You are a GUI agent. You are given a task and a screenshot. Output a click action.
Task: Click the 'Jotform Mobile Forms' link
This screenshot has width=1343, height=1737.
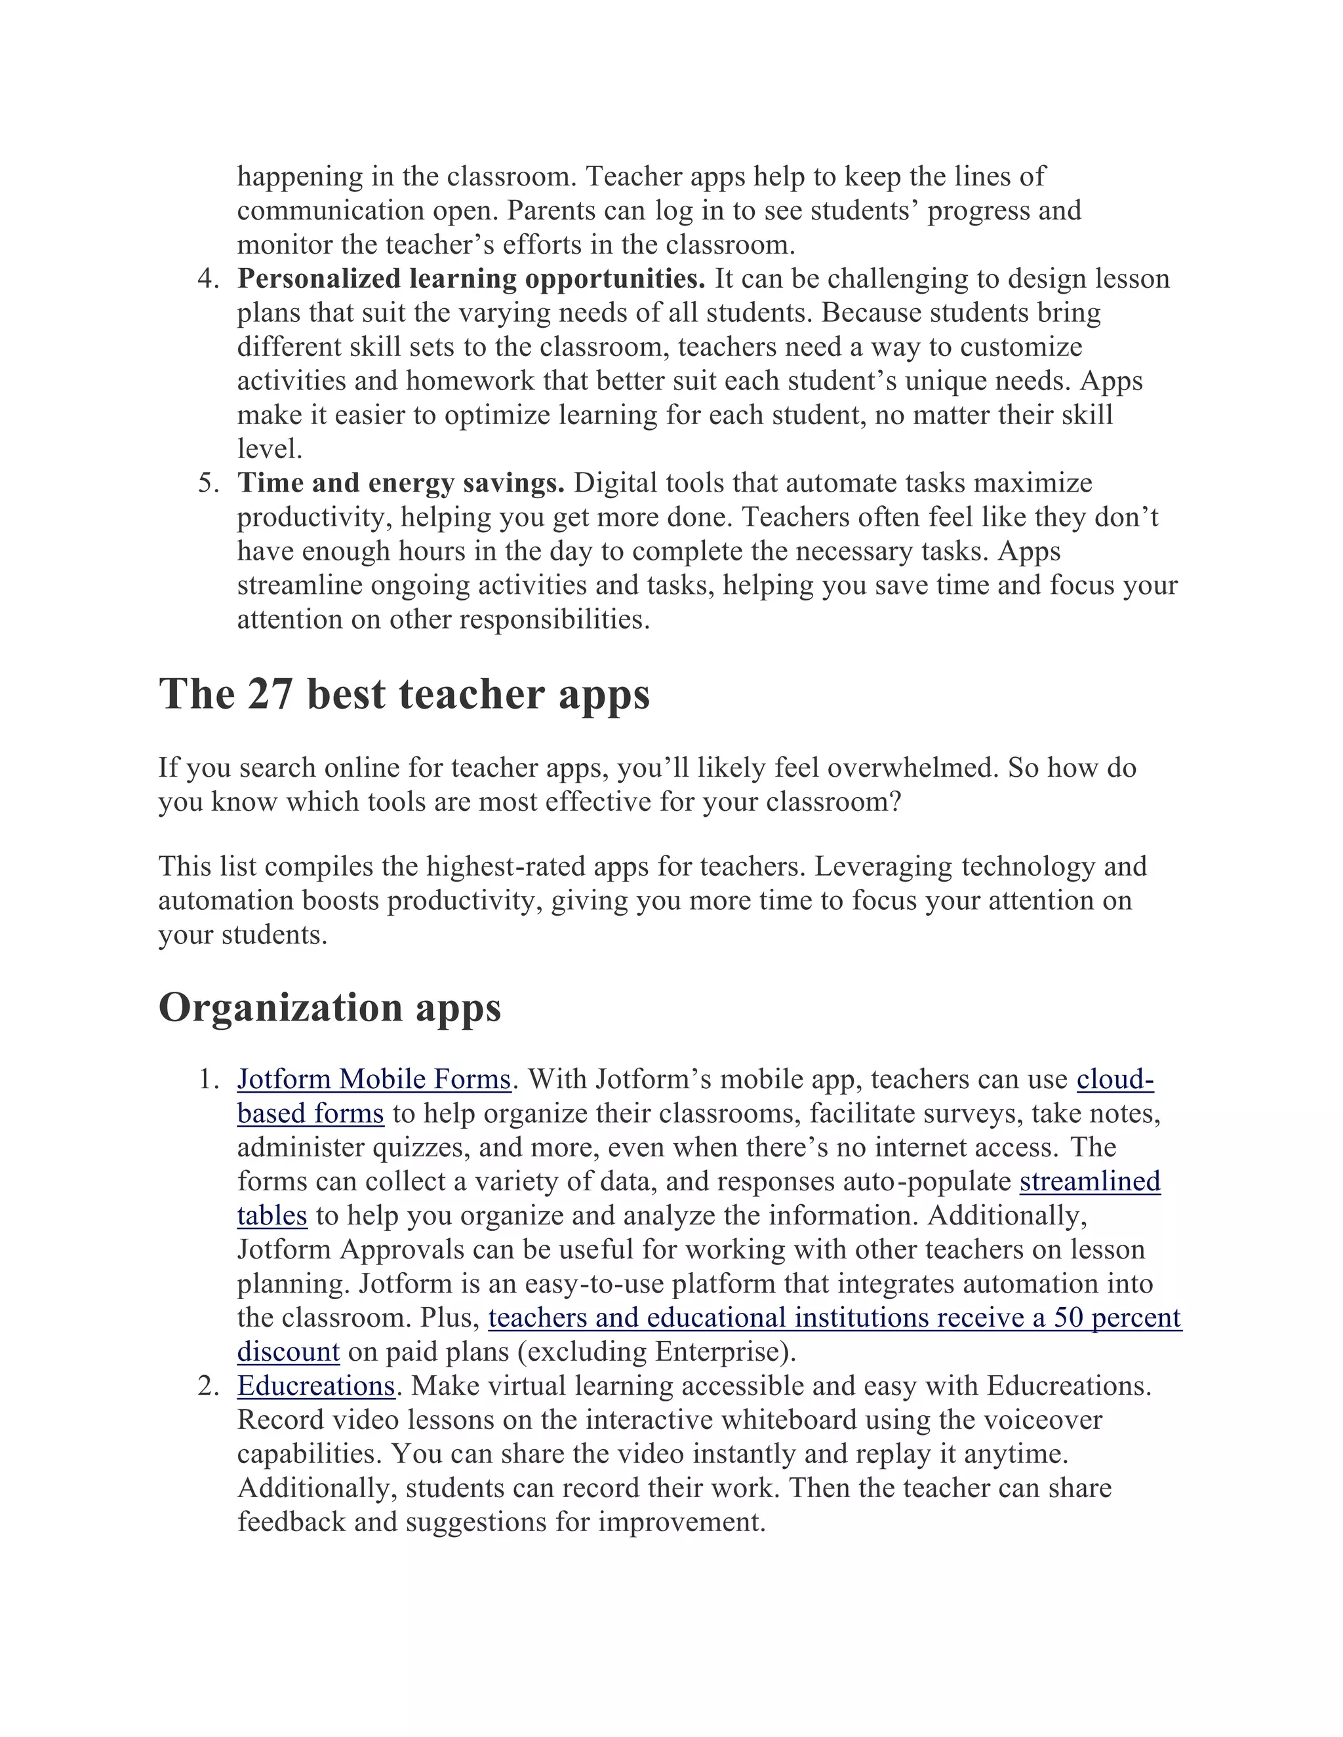(374, 1080)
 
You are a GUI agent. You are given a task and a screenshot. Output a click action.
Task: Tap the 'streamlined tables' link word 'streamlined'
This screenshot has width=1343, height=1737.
(1090, 1182)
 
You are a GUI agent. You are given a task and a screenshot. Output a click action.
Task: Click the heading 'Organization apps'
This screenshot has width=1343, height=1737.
(329, 1007)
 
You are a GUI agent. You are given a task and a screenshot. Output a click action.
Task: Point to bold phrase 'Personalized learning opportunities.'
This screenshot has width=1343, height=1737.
(471, 279)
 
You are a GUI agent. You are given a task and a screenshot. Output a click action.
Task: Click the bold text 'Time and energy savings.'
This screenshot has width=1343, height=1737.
(401, 483)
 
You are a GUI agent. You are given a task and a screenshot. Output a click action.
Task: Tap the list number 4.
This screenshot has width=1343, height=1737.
(208, 279)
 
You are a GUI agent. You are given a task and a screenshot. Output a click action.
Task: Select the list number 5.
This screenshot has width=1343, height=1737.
(208, 483)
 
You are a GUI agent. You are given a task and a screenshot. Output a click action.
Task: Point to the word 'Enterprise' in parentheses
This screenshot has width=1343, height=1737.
(720, 1352)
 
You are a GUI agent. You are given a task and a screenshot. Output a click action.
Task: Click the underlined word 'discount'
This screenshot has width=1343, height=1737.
(288, 1352)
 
